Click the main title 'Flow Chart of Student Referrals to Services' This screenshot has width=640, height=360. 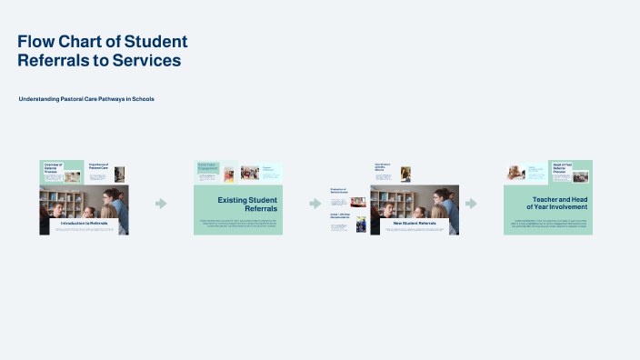pos(103,51)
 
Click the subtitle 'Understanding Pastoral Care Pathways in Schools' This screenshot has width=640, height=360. pos(86,98)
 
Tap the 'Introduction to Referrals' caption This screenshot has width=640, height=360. pos(84,223)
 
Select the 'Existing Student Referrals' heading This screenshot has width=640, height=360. pos(247,204)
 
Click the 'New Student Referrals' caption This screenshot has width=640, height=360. pos(414,223)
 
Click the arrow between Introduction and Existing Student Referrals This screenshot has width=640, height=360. pos(161,204)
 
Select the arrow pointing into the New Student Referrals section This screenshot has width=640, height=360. pos(315,204)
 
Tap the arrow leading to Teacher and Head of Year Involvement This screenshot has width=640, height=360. pos(471,204)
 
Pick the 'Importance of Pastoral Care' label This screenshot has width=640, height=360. pos(98,167)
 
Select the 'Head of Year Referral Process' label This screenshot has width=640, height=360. pos(561,167)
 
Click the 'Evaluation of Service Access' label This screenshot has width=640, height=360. pos(338,192)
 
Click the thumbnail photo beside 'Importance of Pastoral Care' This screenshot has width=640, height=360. pos(119,174)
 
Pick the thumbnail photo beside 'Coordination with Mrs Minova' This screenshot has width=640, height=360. pos(405,173)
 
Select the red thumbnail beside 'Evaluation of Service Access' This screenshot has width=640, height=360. pos(358,202)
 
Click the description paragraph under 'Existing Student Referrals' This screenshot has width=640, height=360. pos(238,223)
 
